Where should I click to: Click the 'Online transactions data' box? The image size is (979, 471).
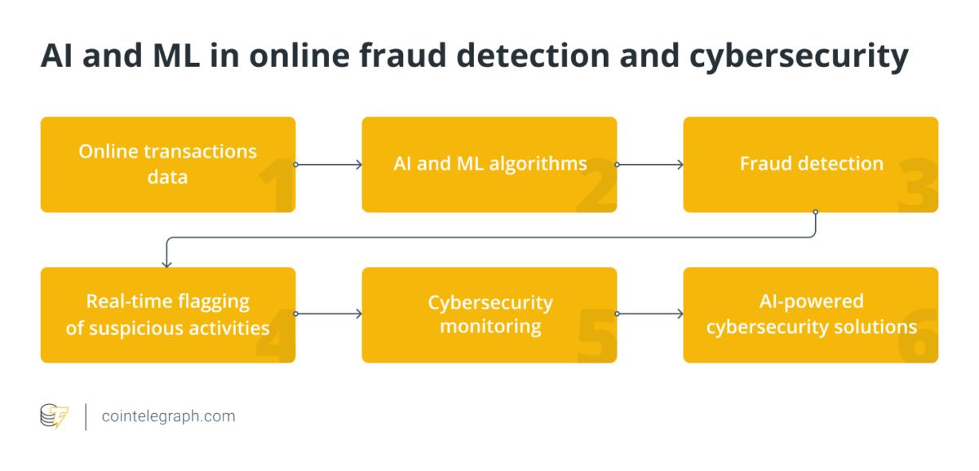[x=168, y=164]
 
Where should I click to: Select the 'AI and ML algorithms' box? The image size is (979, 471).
[x=489, y=164]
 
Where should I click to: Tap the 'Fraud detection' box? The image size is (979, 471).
[x=811, y=164]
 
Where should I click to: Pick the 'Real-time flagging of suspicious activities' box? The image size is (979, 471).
[x=168, y=315]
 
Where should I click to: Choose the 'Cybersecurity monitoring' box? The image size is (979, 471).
[x=489, y=315]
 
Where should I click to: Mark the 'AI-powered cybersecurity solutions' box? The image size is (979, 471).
[x=811, y=315]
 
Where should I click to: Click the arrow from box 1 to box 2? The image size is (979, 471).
[x=328, y=164]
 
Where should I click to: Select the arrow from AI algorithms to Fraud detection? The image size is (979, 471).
[x=650, y=164]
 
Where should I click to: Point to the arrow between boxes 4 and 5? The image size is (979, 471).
[x=328, y=313]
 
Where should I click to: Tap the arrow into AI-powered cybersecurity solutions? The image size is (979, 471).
[x=650, y=313]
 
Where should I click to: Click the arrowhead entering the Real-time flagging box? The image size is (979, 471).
[x=166, y=264]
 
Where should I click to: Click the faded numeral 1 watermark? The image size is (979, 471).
[x=277, y=184]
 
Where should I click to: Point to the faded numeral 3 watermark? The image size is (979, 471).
[x=918, y=184]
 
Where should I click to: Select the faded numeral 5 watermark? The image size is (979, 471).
[x=596, y=335]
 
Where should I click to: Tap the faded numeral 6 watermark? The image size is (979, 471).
[x=918, y=335]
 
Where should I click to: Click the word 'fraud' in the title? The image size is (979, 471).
[x=403, y=56]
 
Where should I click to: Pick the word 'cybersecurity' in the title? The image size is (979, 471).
[x=799, y=57]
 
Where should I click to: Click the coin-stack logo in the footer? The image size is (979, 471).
[x=54, y=415]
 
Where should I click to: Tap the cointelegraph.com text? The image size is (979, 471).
[x=168, y=416]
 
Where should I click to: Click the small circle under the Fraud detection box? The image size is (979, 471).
[x=815, y=212]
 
